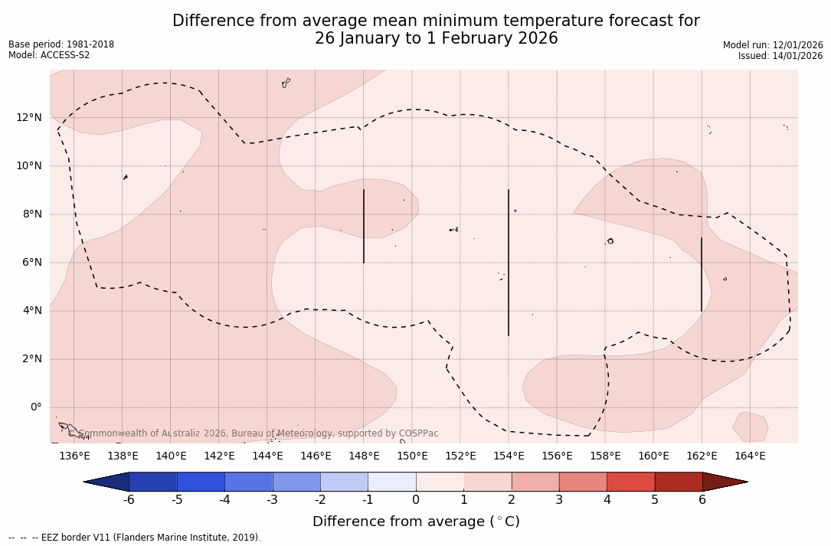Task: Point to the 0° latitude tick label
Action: [x=35, y=407]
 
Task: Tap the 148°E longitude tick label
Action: [x=364, y=456]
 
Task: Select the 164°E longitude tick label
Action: [x=750, y=456]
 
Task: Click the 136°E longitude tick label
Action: [x=74, y=456]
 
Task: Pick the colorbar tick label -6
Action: [x=129, y=500]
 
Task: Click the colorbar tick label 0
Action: [x=416, y=500]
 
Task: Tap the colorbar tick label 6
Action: [x=702, y=500]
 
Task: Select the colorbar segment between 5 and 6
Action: [x=679, y=482]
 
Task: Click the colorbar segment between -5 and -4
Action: [x=201, y=482]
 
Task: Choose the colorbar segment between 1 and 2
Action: [x=488, y=482]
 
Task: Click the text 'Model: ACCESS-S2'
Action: [x=49, y=55]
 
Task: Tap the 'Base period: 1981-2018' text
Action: [x=61, y=44]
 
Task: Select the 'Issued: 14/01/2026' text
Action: [x=780, y=56]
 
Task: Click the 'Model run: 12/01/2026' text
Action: [x=773, y=45]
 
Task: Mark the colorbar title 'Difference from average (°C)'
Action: [x=416, y=521]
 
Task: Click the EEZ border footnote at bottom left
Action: [x=135, y=538]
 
